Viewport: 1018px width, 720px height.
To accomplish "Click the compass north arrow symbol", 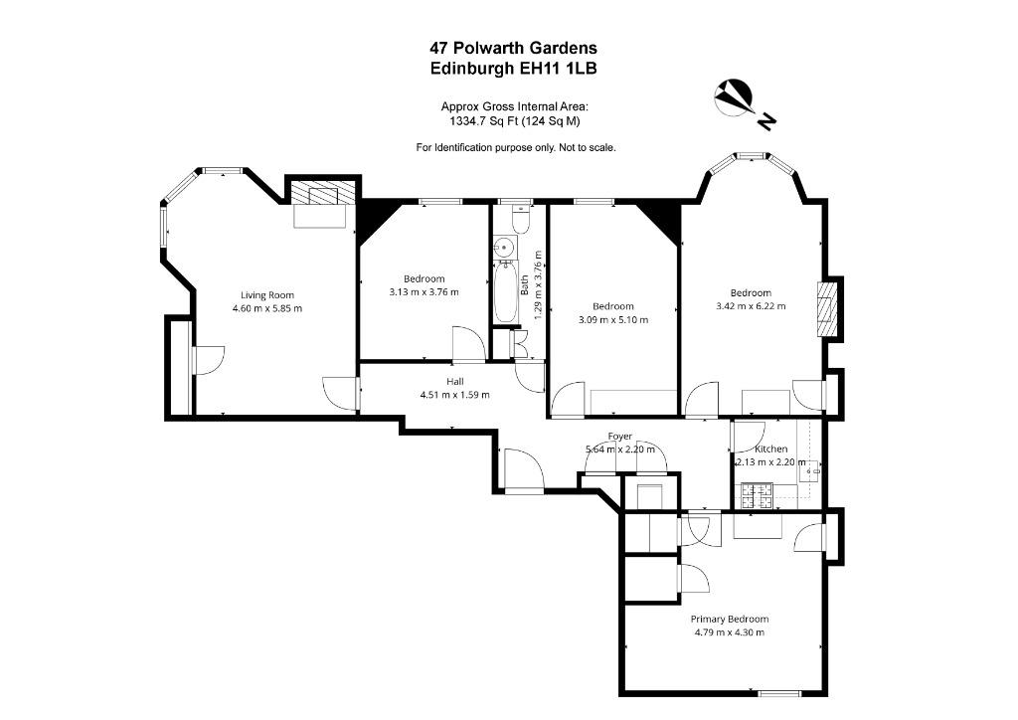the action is click(734, 97).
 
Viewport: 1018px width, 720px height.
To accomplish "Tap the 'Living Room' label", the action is click(266, 295).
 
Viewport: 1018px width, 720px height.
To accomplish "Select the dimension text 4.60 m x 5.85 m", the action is click(266, 308).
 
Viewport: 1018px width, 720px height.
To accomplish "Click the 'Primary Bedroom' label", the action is click(729, 620).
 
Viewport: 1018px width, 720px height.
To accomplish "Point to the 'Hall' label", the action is click(454, 382).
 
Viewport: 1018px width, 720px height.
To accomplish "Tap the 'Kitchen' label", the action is click(770, 450).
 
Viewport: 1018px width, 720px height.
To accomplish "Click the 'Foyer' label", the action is click(620, 437).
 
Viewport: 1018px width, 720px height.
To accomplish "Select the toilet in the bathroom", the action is click(521, 219).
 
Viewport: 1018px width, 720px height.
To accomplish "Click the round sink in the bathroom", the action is click(504, 248).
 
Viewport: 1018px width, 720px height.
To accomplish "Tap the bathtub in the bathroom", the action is click(506, 292).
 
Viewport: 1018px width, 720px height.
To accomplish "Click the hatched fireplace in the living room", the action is click(323, 193).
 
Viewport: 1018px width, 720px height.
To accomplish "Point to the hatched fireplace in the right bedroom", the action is click(826, 309).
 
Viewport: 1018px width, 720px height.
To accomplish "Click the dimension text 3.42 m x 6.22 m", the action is click(751, 305).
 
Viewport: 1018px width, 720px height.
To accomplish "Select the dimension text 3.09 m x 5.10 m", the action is click(612, 319).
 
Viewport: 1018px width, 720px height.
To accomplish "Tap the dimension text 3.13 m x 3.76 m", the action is click(424, 292).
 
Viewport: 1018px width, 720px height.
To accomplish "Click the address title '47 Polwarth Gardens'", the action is click(513, 48).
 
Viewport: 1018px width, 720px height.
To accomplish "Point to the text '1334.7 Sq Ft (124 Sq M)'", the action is click(515, 120).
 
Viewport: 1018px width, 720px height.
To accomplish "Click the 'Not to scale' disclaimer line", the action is click(516, 147).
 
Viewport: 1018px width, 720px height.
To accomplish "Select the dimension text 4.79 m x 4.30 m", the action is click(729, 632).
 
